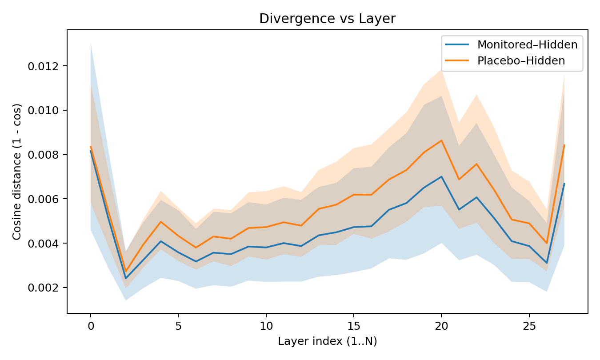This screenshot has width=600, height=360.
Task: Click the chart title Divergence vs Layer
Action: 327,19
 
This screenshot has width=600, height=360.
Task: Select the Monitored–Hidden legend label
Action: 527,44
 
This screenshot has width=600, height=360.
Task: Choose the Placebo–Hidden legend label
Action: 521,61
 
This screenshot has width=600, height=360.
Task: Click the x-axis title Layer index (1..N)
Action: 327,341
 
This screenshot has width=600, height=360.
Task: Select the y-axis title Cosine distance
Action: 17,172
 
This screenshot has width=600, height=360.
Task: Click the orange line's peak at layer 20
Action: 441,140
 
